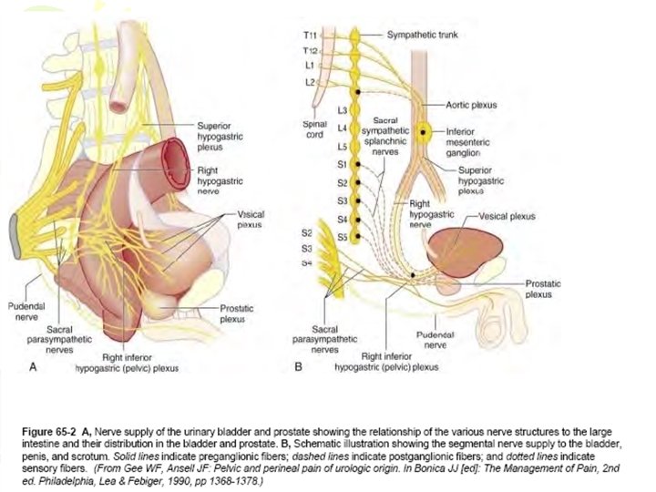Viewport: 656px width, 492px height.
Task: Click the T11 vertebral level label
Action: click(x=309, y=35)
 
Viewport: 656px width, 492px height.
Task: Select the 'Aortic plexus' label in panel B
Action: click(x=472, y=105)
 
